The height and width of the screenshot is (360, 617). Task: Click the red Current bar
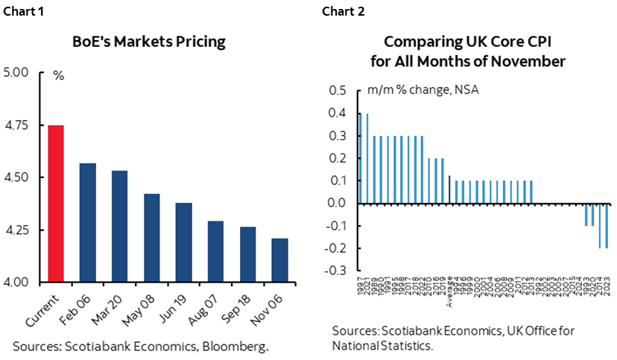pyautogui.click(x=56, y=203)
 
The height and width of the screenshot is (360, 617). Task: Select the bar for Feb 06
pyautogui.click(x=88, y=222)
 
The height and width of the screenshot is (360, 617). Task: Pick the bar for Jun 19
pyautogui.click(x=184, y=241)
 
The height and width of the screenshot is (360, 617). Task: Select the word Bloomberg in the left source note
pyautogui.click(x=240, y=345)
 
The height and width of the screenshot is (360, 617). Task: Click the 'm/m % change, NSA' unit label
pyautogui.click(x=423, y=91)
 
